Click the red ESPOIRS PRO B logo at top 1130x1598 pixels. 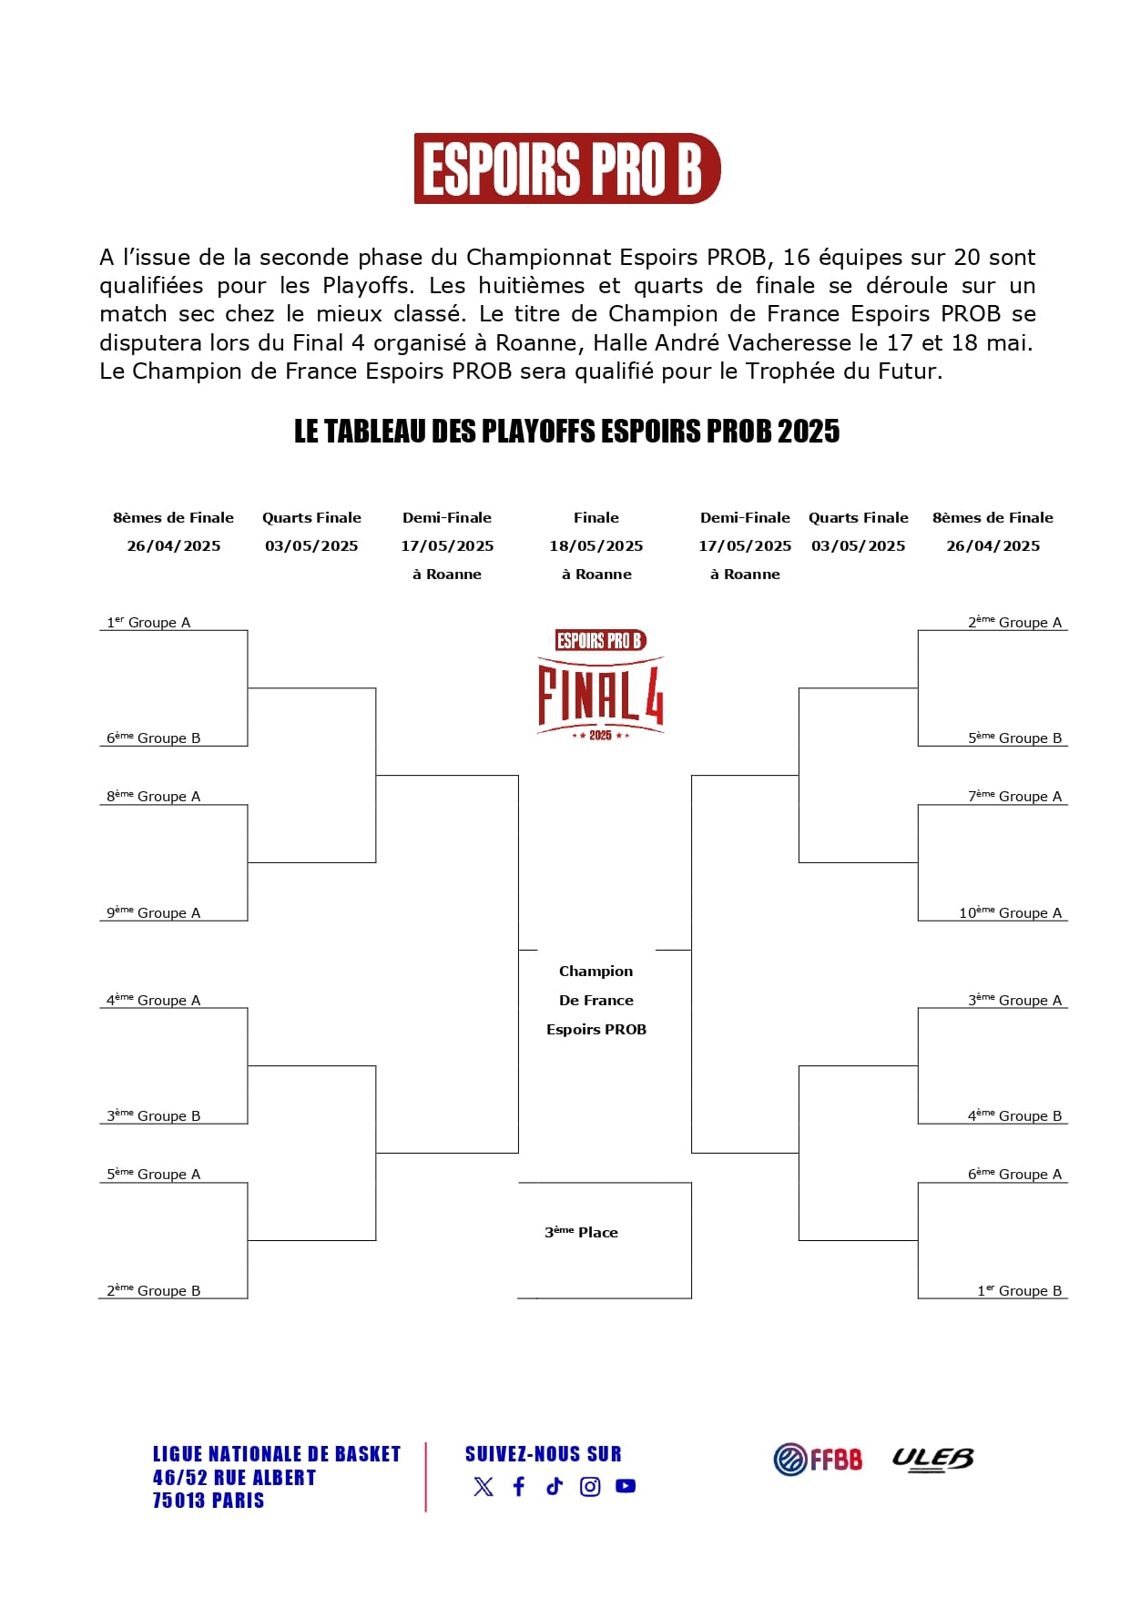[x=566, y=168]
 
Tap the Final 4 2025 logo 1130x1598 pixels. [x=600, y=684]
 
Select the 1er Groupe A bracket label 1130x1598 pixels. [x=148, y=623]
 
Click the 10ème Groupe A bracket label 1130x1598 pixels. [x=1010, y=912]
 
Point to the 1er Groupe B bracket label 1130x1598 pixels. [x=1019, y=1290]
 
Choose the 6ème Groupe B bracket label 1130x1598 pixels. [x=153, y=738]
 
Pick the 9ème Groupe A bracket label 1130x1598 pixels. [x=153, y=912]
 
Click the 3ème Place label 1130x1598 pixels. [x=581, y=1232]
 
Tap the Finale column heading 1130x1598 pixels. [x=596, y=517]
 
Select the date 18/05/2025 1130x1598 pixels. [x=596, y=545]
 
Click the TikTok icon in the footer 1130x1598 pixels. [x=555, y=1486]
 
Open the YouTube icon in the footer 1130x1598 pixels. [x=626, y=1486]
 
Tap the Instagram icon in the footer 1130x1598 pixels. [x=590, y=1486]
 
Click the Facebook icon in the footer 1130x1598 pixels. [x=519, y=1486]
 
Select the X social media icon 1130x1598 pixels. [x=484, y=1486]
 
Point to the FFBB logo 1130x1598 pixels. [x=818, y=1459]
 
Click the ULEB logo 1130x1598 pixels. [x=932, y=1459]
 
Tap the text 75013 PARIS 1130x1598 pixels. [x=209, y=1501]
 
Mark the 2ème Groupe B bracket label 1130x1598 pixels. [x=153, y=1290]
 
